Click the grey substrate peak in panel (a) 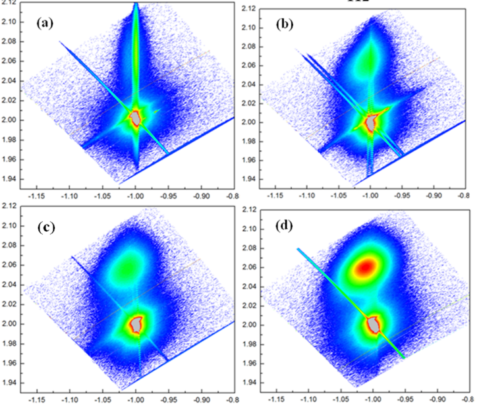136,118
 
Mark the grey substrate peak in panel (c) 136,323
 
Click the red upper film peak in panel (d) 367,267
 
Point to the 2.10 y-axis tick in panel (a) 9,21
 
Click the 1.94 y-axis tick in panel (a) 9,178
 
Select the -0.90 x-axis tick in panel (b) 434,196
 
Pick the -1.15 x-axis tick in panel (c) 38,399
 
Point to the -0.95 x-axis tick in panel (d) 404,399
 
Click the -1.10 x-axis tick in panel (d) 308,399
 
